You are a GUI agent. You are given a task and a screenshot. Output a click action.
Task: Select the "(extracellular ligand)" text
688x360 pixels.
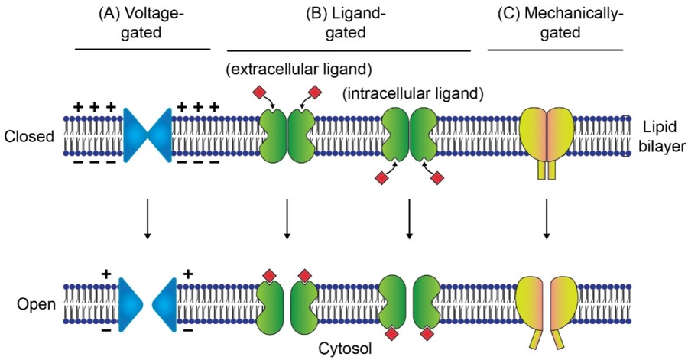[298, 70]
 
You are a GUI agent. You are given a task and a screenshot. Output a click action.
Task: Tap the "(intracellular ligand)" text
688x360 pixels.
[414, 95]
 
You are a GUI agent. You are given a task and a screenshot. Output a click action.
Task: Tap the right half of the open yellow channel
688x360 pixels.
[564, 303]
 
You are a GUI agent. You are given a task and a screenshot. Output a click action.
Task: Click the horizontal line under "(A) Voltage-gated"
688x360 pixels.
[142, 50]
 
